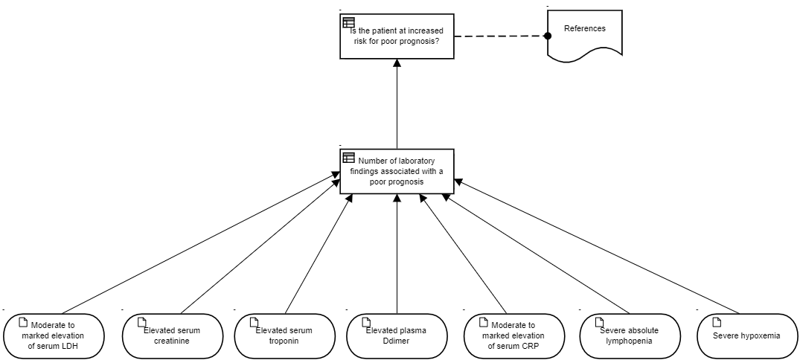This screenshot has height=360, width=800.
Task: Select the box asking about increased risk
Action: [397, 36]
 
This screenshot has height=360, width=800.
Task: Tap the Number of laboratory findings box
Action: [397, 171]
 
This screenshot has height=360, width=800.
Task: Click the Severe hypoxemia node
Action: [746, 336]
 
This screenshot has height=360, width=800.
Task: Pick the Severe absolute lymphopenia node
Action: [630, 336]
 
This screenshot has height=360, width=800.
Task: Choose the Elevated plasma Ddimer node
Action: [397, 336]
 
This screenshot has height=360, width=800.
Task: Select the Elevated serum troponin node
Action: [284, 336]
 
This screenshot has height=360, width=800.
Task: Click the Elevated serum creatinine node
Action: [173, 336]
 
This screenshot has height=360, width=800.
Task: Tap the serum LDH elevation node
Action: [54, 336]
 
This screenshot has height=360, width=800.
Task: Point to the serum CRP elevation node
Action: [513, 336]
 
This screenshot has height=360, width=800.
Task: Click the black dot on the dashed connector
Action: [548, 36]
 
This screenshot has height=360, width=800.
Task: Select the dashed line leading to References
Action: [499, 36]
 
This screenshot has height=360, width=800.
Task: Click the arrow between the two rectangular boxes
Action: [397, 104]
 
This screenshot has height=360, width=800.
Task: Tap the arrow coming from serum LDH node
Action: [201, 242]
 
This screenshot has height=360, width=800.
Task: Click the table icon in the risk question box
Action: [348, 22]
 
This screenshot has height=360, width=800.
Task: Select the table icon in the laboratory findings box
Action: [348, 157]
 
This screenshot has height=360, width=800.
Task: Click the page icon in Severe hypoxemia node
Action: [717, 322]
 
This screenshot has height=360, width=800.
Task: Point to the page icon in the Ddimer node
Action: [366, 322]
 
